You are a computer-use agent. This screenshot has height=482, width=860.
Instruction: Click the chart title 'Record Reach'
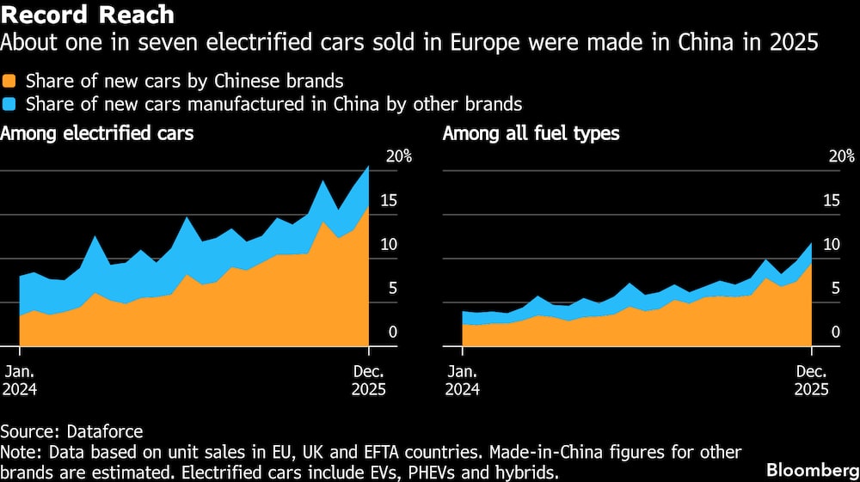[x=88, y=15]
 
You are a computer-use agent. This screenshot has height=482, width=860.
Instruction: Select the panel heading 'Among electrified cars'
[x=97, y=133]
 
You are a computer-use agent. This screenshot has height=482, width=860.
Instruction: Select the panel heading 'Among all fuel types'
[x=531, y=133]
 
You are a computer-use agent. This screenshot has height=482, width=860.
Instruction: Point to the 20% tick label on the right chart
[x=842, y=156]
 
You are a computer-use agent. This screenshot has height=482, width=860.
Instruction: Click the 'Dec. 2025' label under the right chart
[x=811, y=380]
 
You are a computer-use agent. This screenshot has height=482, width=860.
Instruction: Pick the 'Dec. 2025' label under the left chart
[x=369, y=380]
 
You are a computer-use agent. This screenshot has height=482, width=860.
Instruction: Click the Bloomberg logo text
[x=813, y=470]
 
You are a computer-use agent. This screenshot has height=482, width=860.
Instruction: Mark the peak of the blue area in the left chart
[x=368, y=167]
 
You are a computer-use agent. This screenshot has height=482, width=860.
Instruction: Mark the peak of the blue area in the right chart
[x=810, y=244]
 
